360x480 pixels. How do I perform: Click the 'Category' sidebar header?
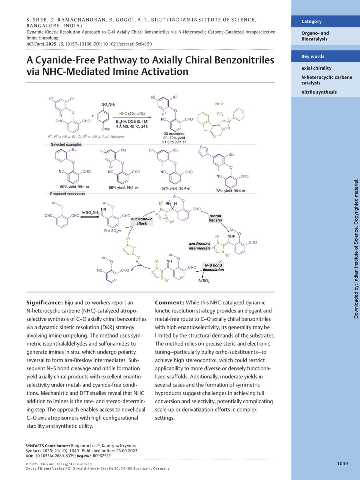311,22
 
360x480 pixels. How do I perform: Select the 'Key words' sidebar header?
313,56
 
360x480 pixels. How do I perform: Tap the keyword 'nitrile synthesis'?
319,92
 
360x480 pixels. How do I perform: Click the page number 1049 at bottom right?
342,464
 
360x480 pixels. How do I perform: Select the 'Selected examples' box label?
66,144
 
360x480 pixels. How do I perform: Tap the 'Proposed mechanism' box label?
68,194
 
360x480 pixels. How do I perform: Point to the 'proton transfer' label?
215,218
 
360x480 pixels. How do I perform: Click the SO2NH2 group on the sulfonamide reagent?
108,105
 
